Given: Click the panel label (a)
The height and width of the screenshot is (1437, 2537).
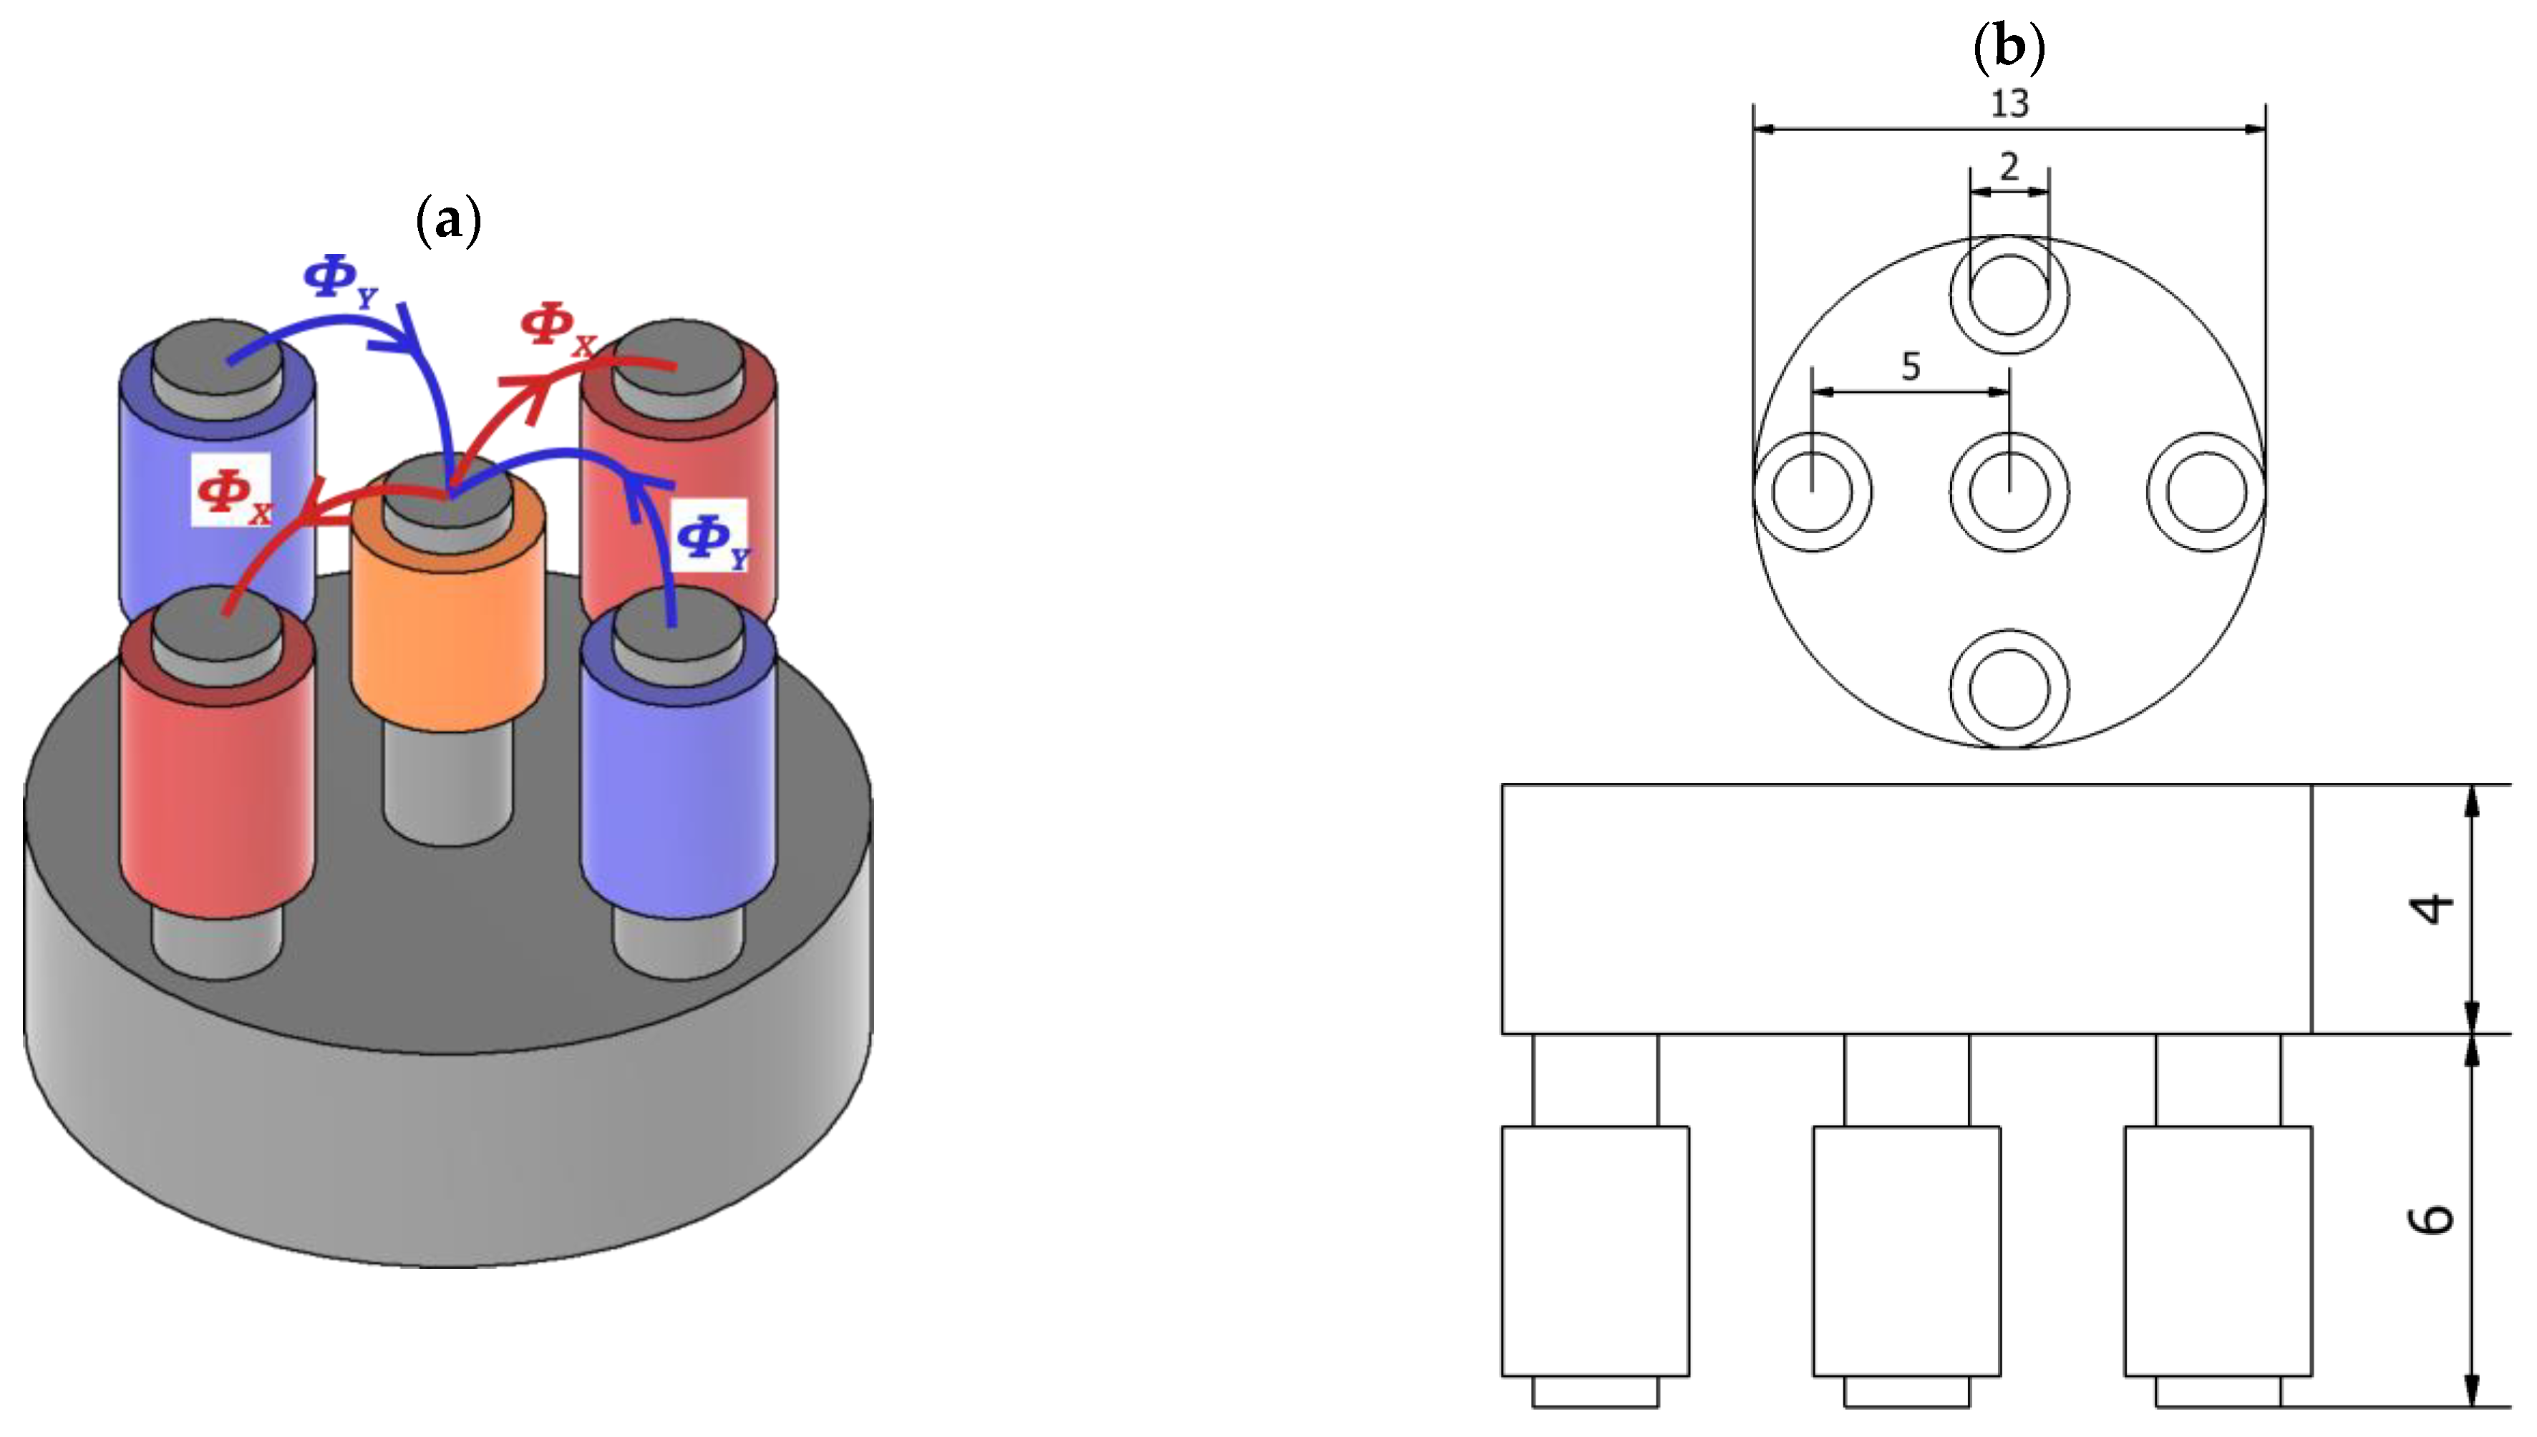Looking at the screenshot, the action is [x=449, y=220].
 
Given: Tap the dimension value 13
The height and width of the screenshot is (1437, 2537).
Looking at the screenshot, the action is [x=2009, y=102].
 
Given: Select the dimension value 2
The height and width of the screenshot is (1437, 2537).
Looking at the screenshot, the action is [x=2009, y=167].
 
